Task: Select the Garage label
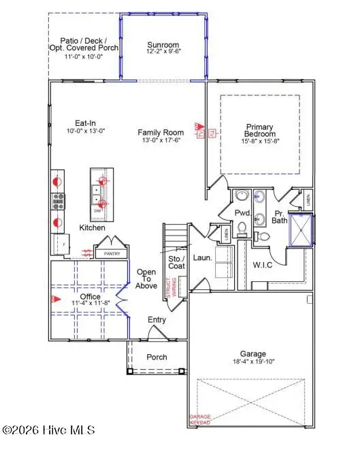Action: point(252,354)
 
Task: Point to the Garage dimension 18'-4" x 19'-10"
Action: point(252,363)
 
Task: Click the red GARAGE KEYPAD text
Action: point(201,420)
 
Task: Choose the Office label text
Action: point(89,297)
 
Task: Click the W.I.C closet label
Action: point(262,265)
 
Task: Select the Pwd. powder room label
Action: point(244,213)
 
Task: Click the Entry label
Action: point(158,320)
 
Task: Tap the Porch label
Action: point(157,357)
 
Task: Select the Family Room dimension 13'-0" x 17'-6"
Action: point(161,141)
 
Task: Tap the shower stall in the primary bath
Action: point(300,231)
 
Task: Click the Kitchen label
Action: point(93,227)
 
